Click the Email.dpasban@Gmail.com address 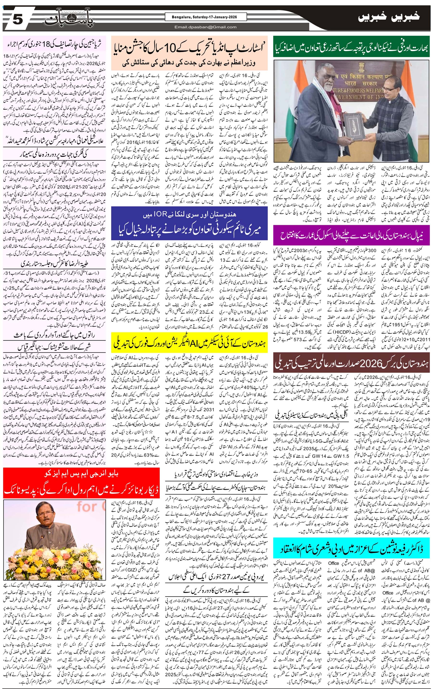click(205, 27)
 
